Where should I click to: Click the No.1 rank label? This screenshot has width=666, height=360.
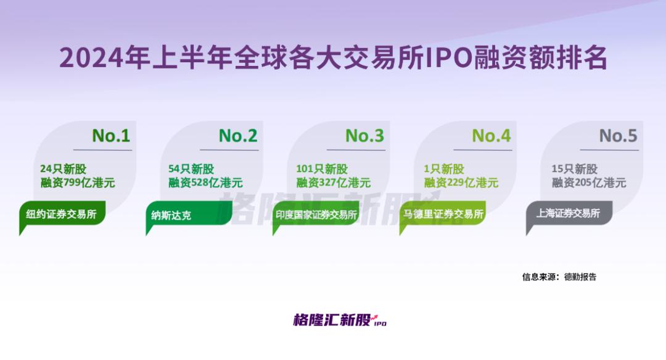coord(111,136)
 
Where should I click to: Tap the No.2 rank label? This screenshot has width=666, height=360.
coord(238,136)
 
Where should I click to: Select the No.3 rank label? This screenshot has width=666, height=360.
coord(364,136)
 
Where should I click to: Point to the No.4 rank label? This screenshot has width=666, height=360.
coord(491,136)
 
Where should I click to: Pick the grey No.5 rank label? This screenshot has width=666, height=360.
coord(618,136)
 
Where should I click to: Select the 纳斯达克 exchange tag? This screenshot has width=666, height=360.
coord(189,215)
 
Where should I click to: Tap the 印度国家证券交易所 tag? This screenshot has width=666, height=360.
coord(316,215)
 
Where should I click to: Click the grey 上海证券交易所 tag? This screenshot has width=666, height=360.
coord(569,213)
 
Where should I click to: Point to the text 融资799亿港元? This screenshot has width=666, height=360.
coord(78,183)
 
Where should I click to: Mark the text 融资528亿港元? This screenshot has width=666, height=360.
coord(205,183)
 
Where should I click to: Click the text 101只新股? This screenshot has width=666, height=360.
coord(322,169)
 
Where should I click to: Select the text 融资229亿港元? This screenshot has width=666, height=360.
coord(461,183)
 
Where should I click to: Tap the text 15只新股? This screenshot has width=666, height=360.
coord(574,169)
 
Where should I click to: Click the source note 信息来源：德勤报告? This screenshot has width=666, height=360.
coord(559,277)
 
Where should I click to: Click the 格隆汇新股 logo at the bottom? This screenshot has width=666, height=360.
coord(340,320)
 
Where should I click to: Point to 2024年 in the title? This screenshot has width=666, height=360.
coord(105,58)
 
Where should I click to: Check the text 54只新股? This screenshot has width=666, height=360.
coord(191,169)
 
